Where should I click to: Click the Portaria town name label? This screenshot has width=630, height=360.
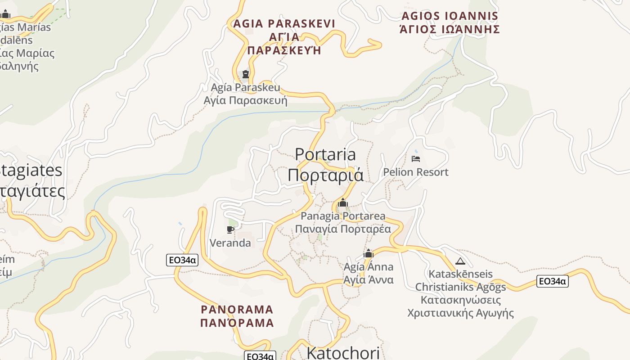pos(325,154)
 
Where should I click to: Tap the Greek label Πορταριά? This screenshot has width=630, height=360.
pos(325,175)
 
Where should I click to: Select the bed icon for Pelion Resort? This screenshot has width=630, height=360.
pos(416,159)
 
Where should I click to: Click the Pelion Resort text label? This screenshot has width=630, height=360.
pos(416,172)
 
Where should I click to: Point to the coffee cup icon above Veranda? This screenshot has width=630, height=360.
pos(230,230)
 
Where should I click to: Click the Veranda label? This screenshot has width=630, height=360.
pos(230,243)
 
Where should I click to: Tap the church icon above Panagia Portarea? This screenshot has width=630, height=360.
pos(343,203)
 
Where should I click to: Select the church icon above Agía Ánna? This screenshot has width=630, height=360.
pos(369,254)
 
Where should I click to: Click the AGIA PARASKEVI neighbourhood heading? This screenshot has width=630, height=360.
pos(284,23)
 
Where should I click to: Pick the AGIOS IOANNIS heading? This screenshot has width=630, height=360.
pos(450,16)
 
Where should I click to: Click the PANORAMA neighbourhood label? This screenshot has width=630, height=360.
pos(237,310)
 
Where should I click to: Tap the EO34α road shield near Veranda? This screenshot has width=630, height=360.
pos(182,260)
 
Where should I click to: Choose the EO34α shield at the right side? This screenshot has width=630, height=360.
pos(553,281)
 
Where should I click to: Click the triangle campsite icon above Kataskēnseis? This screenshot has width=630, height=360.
pos(460,261)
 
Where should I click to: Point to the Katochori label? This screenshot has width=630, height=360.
pos(343,353)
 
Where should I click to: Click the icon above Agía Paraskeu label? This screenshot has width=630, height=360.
pos(246,74)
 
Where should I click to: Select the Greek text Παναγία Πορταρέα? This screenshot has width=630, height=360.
pos(343,229)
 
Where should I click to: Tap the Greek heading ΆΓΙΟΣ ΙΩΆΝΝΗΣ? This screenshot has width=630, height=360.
pos(450,30)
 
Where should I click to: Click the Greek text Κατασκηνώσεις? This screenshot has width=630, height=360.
pos(461,300)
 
